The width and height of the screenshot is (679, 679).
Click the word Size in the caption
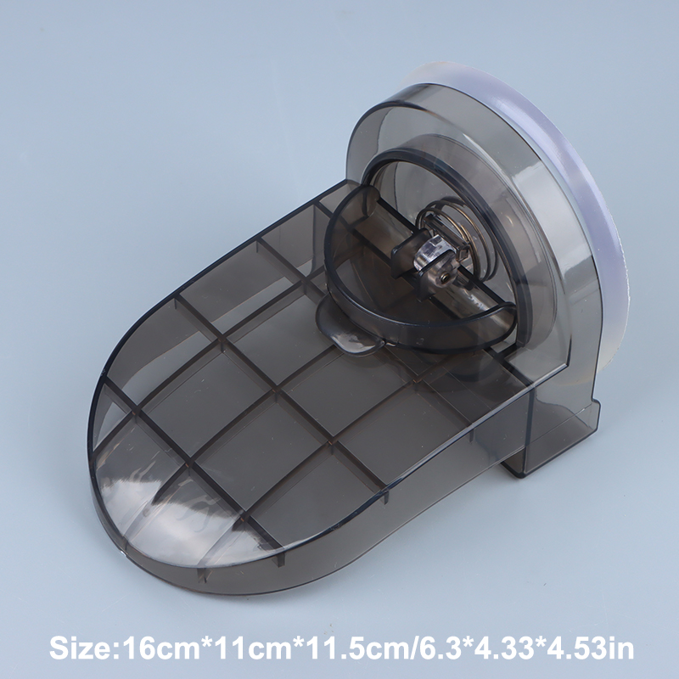[79, 648]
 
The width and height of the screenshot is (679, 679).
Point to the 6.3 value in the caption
[438, 648]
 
